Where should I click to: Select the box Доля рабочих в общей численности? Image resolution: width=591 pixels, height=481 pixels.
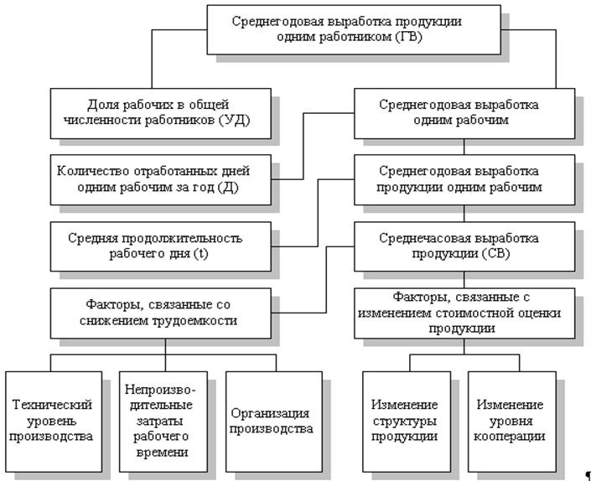[x=156, y=115]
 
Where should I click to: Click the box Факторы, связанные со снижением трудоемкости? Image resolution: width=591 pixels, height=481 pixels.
[x=162, y=312]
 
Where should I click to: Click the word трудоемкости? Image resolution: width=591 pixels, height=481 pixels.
[x=196, y=320]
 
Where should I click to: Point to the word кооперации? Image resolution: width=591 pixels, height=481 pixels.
[x=511, y=436]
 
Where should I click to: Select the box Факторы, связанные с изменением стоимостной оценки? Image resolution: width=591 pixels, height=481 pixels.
[x=464, y=312]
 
